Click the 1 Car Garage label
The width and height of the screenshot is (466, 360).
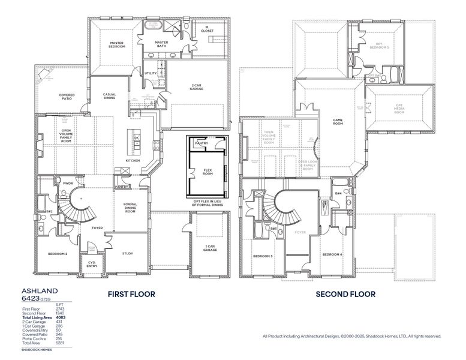[x=209, y=249]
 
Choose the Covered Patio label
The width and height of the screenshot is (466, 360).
[x=67, y=97]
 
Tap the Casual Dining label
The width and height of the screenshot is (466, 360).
[x=109, y=97]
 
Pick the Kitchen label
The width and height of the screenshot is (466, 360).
[x=133, y=161]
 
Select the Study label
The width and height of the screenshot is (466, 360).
[x=127, y=253]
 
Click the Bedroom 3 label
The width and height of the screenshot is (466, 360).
[x=263, y=256]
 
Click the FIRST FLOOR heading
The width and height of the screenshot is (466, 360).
[x=131, y=294]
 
